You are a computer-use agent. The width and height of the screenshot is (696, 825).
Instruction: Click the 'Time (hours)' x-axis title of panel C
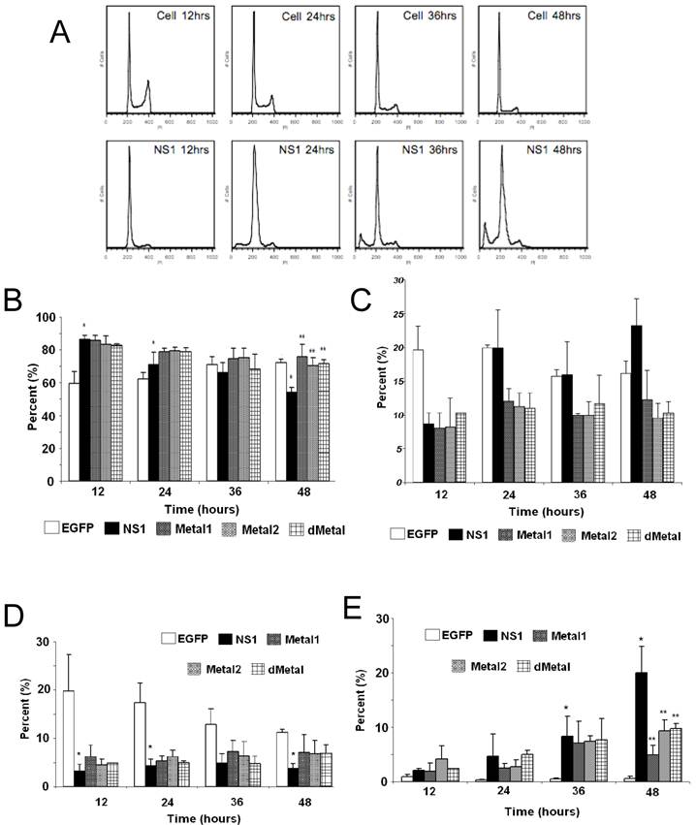pyautogui.click(x=512, y=509)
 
